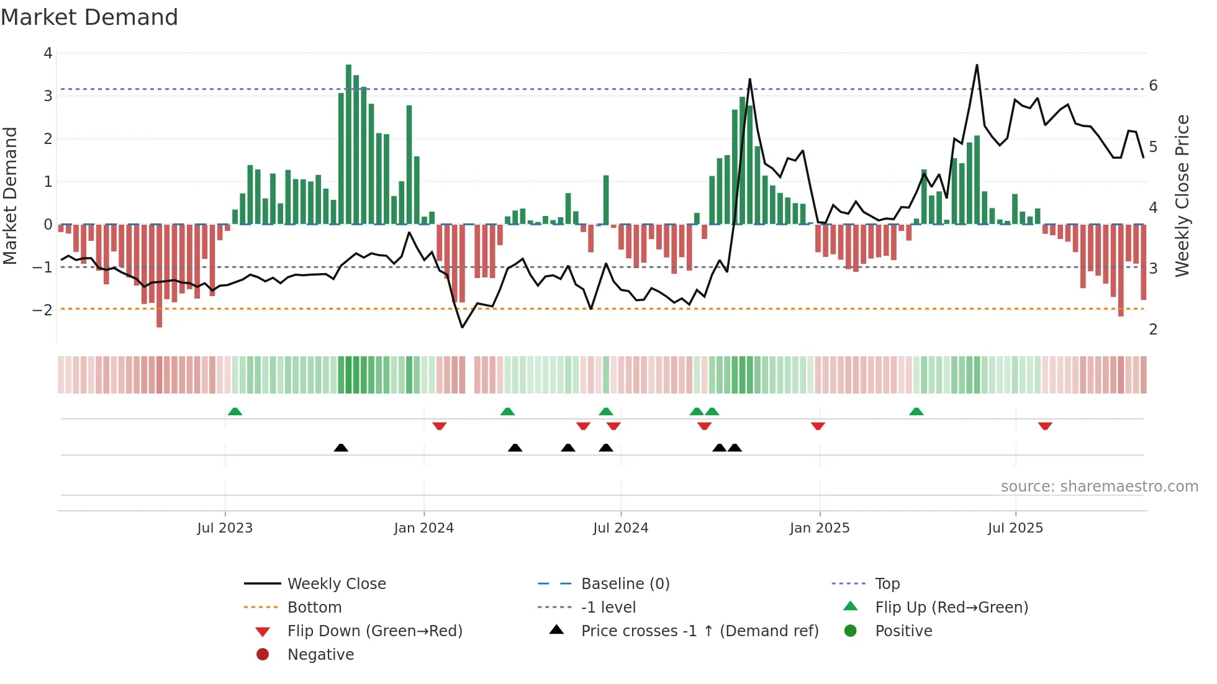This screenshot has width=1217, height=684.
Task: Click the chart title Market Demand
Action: [89, 17]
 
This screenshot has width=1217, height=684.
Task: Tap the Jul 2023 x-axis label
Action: [225, 528]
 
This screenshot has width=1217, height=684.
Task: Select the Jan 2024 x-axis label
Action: [423, 528]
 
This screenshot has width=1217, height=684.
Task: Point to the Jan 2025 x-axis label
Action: [819, 528]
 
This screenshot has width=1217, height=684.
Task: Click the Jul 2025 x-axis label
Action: [1015, 528]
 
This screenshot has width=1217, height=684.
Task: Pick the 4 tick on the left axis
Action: [48, 53]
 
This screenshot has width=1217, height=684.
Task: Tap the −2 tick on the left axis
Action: [43, 310]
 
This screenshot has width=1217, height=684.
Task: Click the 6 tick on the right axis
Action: [1153, 86]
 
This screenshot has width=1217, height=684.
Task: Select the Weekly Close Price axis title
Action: [1182, 196]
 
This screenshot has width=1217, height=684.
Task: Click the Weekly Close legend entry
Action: [336, 584]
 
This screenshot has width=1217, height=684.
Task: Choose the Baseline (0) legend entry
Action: [625, 584]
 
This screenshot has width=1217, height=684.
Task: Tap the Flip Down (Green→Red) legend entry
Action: [374, 631]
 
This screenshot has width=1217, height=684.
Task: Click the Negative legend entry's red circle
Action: [263, 655]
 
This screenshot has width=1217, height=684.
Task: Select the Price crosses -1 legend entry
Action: [699, 631]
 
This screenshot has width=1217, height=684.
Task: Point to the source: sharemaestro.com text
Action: [1099, 487]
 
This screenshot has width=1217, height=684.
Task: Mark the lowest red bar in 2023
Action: [160, 276]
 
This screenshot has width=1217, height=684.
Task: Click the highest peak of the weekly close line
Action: [977, 65]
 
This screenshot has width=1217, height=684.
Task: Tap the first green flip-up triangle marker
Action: [235, 412]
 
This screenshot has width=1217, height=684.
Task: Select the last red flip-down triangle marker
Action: [1045, 426]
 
